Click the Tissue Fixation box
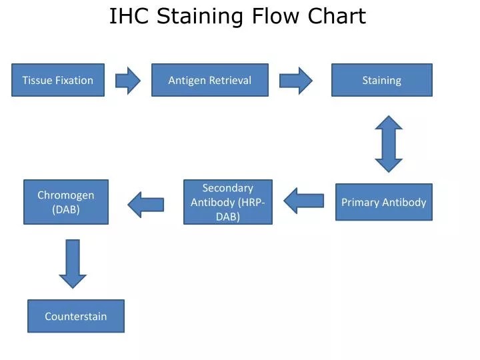58,80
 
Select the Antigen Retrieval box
210,80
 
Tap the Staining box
382,80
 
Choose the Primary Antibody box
384,202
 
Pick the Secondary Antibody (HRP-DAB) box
228,202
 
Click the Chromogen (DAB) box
66,202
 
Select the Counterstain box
76,316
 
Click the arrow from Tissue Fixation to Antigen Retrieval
128,80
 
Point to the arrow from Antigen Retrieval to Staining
295,80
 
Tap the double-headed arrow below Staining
389,144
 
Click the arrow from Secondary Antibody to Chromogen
146,204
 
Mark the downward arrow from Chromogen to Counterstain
73,263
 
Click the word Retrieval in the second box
230,80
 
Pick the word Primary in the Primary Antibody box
361,202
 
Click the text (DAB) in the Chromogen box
66,209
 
